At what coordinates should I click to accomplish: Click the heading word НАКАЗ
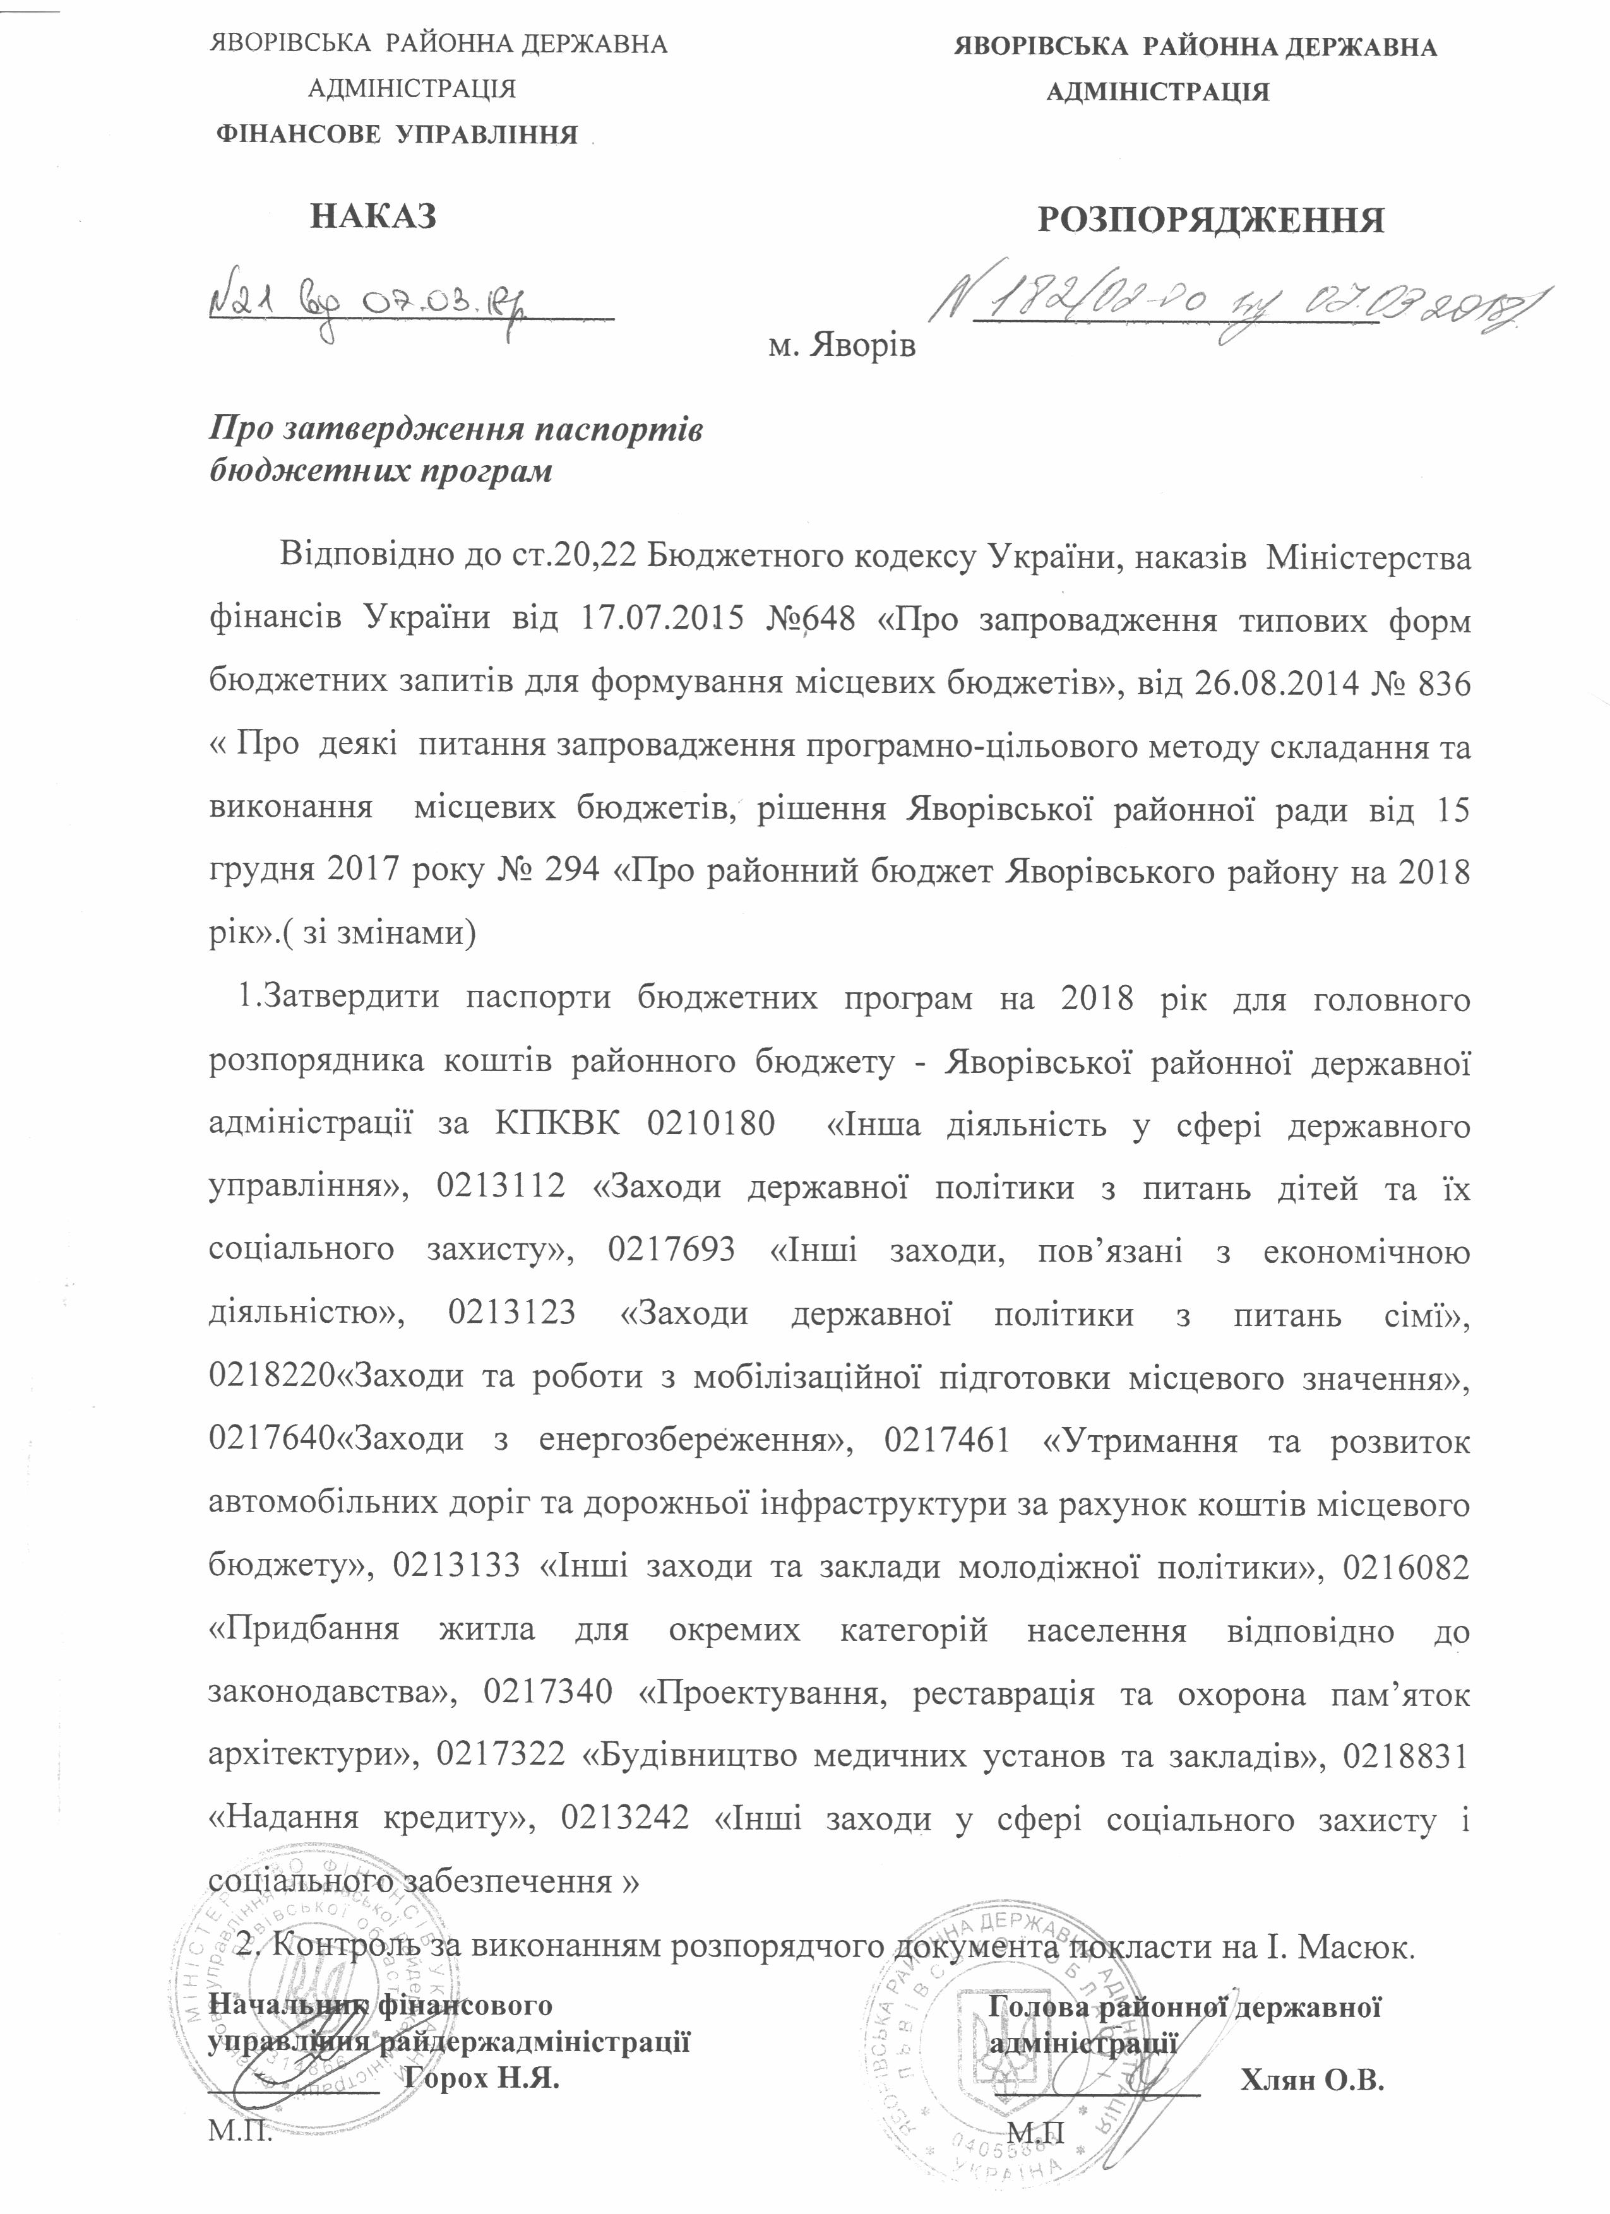(x=373, y=216)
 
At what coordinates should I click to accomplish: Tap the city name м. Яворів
(x=842, y=346)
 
